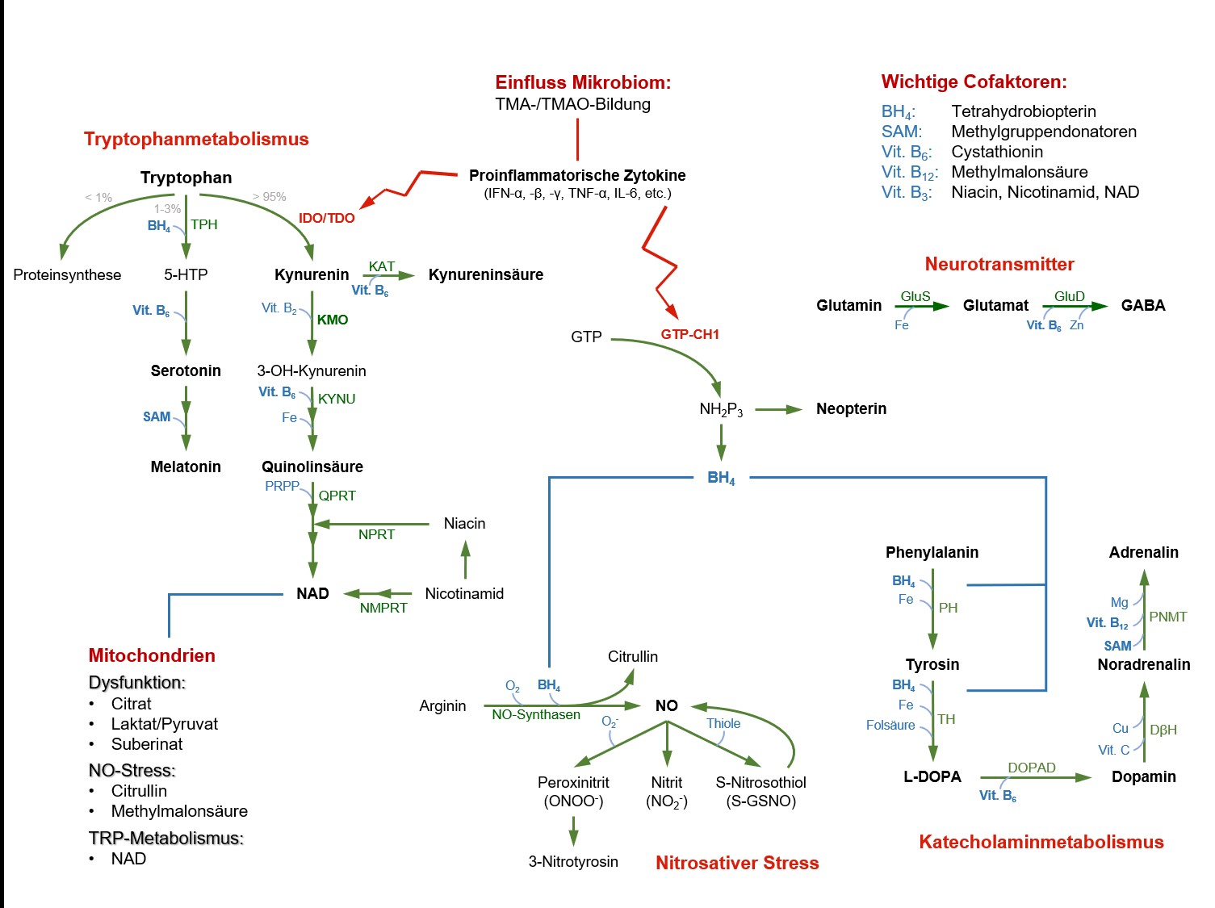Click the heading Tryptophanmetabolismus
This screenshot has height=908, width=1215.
pos(196,139)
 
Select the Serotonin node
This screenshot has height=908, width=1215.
pos(186,370)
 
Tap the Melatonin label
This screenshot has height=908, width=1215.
pos(186,467)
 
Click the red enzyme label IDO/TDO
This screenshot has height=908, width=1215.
pos(326,218)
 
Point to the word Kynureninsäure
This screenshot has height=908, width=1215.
pos(485,274)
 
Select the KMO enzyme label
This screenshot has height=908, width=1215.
pos(332,320)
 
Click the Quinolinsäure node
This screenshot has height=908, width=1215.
pos(312,467)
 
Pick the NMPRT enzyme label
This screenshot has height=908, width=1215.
pos(383,608)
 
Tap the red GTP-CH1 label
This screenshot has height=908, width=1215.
pos(689,334)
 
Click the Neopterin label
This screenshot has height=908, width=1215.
pos(851,408)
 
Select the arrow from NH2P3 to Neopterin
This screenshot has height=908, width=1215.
pos(778,410)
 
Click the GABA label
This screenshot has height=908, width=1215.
pos(1142,305)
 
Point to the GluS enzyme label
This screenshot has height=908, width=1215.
pos(915,296)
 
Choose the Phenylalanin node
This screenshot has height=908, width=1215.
pos(932,552)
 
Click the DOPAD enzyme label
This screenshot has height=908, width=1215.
pos(1031,768)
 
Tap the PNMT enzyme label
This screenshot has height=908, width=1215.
pos(1167,617)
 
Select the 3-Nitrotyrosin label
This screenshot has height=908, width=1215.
pos(573,861)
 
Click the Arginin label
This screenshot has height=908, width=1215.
pos(442,705)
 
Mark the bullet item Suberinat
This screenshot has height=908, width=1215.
pos(147,743)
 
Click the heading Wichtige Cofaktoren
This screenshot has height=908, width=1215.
pos(974,82)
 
